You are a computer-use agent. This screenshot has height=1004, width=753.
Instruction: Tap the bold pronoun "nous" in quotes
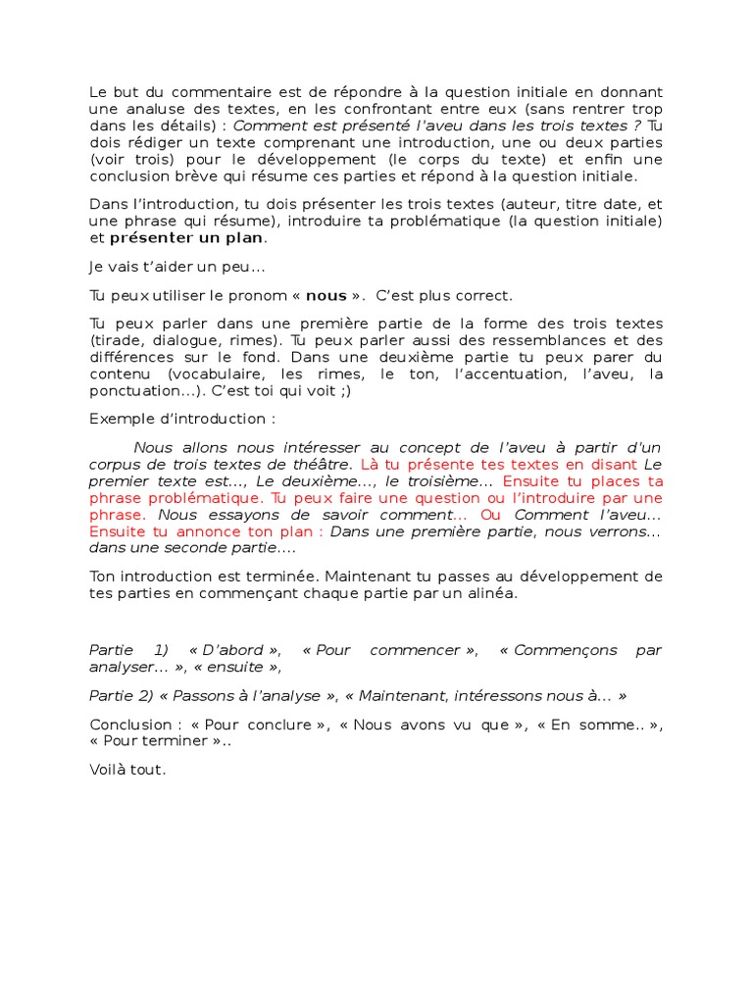[326, 295]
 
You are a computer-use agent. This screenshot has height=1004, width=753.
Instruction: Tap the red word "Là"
[370, 464]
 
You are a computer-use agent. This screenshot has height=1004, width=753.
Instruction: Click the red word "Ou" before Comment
[492, 515]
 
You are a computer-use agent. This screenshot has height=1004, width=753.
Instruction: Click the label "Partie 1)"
[128, 650]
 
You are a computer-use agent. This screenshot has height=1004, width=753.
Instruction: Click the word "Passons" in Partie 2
[207, 695]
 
